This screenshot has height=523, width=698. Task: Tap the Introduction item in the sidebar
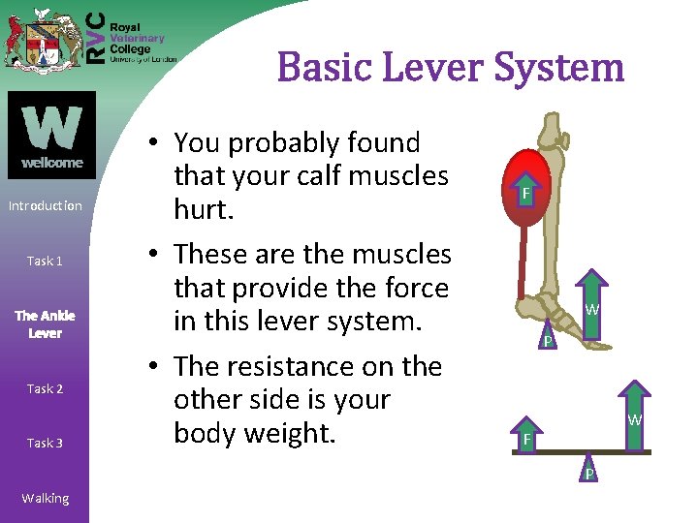(46, 205)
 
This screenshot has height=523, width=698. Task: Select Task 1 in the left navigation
(46, 261)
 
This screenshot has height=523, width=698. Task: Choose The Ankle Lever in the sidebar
(45, 324)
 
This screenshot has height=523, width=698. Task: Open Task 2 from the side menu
(46, 388)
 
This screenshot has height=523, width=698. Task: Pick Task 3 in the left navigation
(46, 443)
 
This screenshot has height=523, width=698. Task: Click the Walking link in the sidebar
(46, 498)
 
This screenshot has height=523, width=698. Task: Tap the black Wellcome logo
(51, 135)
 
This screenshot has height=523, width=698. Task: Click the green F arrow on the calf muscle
(524, 194)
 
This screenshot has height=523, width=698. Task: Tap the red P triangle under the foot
(548, 337)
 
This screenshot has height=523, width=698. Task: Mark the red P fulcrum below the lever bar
(587, 469)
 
